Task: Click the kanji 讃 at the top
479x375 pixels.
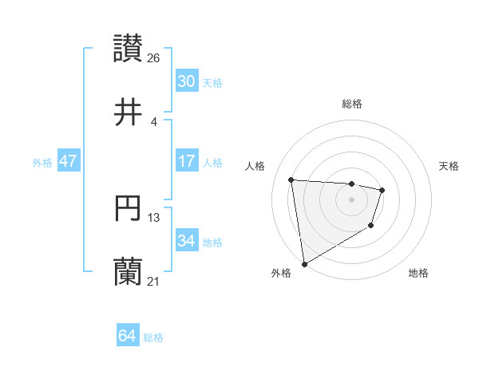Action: tap(129, 48)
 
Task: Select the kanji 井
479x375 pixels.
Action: tap(129, 113)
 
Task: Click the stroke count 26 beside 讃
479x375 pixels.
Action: tap(154, 57)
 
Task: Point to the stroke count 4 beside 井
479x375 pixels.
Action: tap(154, 122)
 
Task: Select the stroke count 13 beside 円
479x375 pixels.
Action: tap(154, 217)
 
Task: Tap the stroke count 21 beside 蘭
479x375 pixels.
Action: tap(154, 282)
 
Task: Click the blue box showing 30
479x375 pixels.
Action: tap(186, 81)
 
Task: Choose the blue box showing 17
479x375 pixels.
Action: tap(186, 161)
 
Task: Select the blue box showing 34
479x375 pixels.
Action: tap(186, 241)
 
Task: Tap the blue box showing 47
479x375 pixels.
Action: tap(69, 161)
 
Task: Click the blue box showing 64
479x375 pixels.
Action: tap(128, 336)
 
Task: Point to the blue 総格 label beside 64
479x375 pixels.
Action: tap(153, 337)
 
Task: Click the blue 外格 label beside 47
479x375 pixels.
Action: tap(42, 162)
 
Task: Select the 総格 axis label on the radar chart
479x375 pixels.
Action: tap(352, 104)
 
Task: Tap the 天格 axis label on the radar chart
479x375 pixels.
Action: tap(449, 166)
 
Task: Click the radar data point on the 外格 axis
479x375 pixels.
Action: tap(304, 263)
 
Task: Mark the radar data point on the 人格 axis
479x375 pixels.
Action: tap(291, 180)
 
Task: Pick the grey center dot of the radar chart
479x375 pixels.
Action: tap(352, 199)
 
